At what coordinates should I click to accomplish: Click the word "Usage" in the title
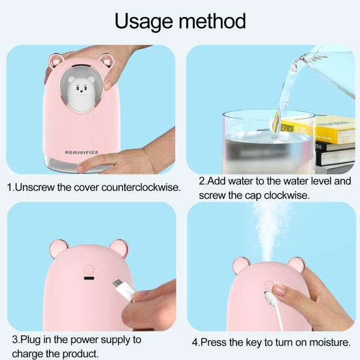144,22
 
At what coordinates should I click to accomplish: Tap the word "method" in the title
212,21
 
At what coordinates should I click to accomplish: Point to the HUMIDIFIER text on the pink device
82,152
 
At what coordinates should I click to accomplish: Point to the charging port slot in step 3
89,278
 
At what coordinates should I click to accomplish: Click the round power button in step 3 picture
89,269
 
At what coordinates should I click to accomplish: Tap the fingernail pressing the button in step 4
279,289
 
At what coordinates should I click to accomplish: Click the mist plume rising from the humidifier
269,232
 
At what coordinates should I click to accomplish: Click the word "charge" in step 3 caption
28,354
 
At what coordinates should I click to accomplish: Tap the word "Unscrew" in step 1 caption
35,188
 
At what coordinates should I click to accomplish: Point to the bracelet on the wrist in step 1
148,160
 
